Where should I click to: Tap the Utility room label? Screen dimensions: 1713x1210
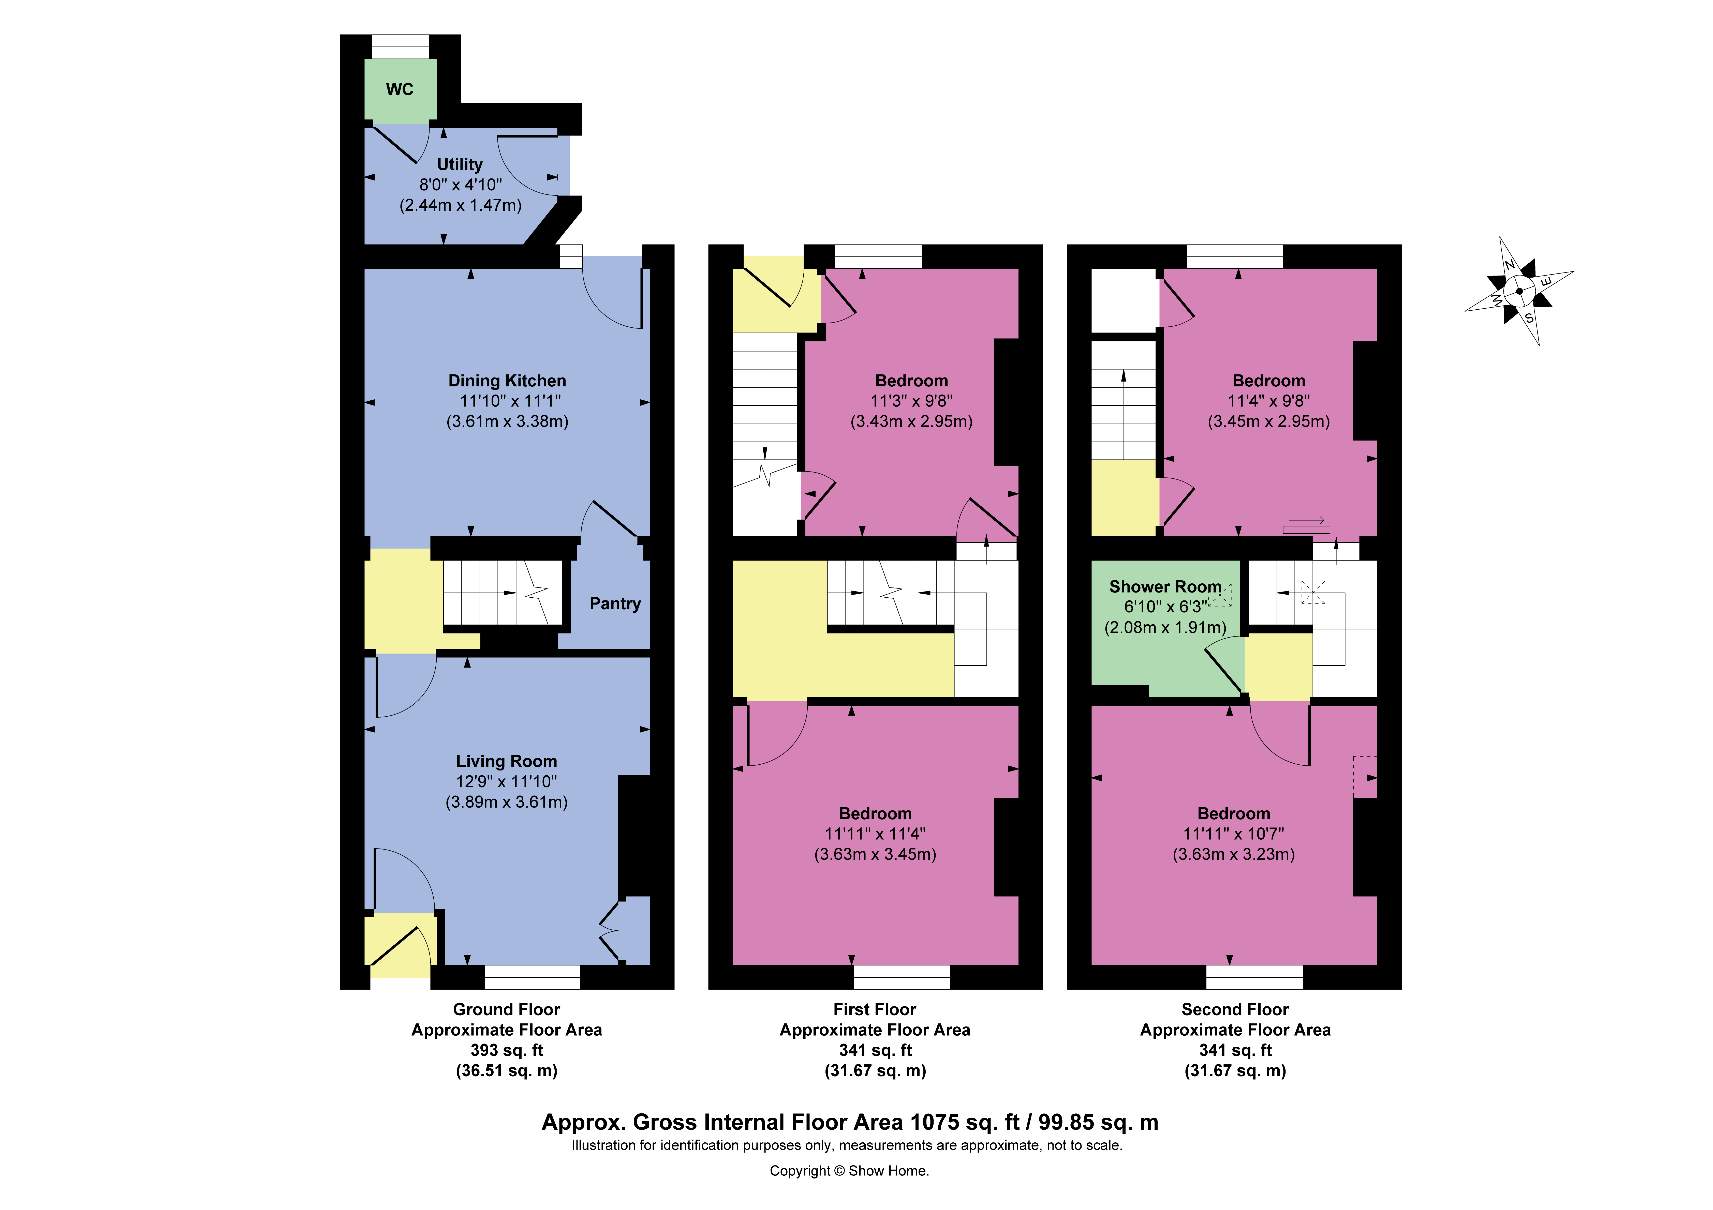[x=460, y=164]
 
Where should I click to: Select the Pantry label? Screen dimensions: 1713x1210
[x=615, y=603]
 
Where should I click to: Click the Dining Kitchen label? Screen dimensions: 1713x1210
[x=507, y=381]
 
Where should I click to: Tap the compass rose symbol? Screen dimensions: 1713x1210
[x=1519, y=291]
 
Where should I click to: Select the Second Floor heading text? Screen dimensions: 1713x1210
[x=1235, y=1009]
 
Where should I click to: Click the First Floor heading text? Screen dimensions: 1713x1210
[x=874, y=1009]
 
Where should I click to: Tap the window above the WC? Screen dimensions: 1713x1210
[x=401, y=46]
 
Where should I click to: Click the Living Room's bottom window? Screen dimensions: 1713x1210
[x=532, y=977]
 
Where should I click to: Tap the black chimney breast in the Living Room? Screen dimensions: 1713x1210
[x=634, y=836]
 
